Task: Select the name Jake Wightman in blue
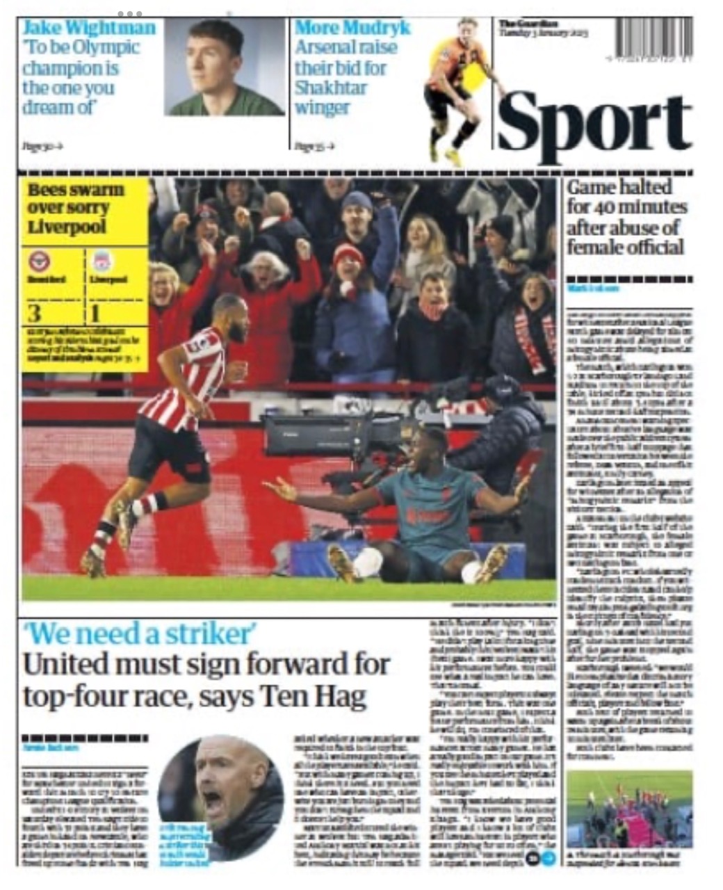(x=89, y=28)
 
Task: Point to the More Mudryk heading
(x=352, y=28)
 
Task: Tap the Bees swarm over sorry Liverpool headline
(x=76, y=208)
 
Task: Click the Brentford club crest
(x=39, y=262)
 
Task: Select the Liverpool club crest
(x=102, y=262)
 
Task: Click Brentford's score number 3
(x=34, y=314)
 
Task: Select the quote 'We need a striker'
(x=139, y=634)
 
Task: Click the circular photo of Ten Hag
(x=220, y=797)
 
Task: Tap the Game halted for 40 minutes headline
(x=626, y=216)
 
